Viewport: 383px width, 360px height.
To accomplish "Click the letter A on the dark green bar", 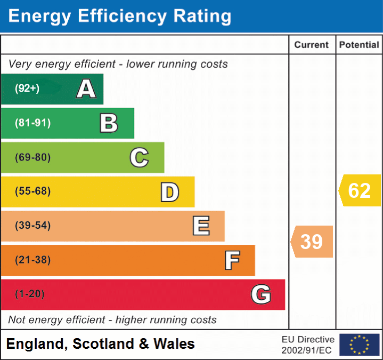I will click(86, 89).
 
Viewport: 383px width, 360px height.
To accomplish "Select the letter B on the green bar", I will click(109, 123).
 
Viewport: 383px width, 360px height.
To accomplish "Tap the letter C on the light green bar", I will click(139, 157).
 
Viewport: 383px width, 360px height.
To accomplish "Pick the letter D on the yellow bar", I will click(169, 192).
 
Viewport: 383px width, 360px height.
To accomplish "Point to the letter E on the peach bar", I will click(200, 226).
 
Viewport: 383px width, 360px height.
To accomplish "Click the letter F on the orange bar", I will click(232, 260).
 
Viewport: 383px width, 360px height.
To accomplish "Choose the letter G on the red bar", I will click(261, 294).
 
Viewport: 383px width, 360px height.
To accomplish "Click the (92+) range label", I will click(27, 89).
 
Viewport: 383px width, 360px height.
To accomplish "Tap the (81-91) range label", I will click(33, 123).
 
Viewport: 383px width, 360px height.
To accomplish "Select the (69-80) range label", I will click(33, 157).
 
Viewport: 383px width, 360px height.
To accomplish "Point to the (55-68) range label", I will click(33, 191).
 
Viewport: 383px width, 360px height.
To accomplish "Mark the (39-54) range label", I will click(33, 226).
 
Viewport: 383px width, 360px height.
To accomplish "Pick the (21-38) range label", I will click(33, 260).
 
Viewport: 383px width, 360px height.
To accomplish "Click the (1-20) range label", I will click(30, 294).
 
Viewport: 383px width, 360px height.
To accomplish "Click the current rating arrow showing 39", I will click(312, 242).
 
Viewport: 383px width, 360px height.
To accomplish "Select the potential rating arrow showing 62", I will click(360, 190).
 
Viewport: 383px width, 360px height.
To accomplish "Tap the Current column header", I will click(312, 45).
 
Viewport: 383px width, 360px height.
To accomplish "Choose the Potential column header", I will click(359, 45).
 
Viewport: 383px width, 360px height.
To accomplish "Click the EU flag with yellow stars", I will click(359, 345).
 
